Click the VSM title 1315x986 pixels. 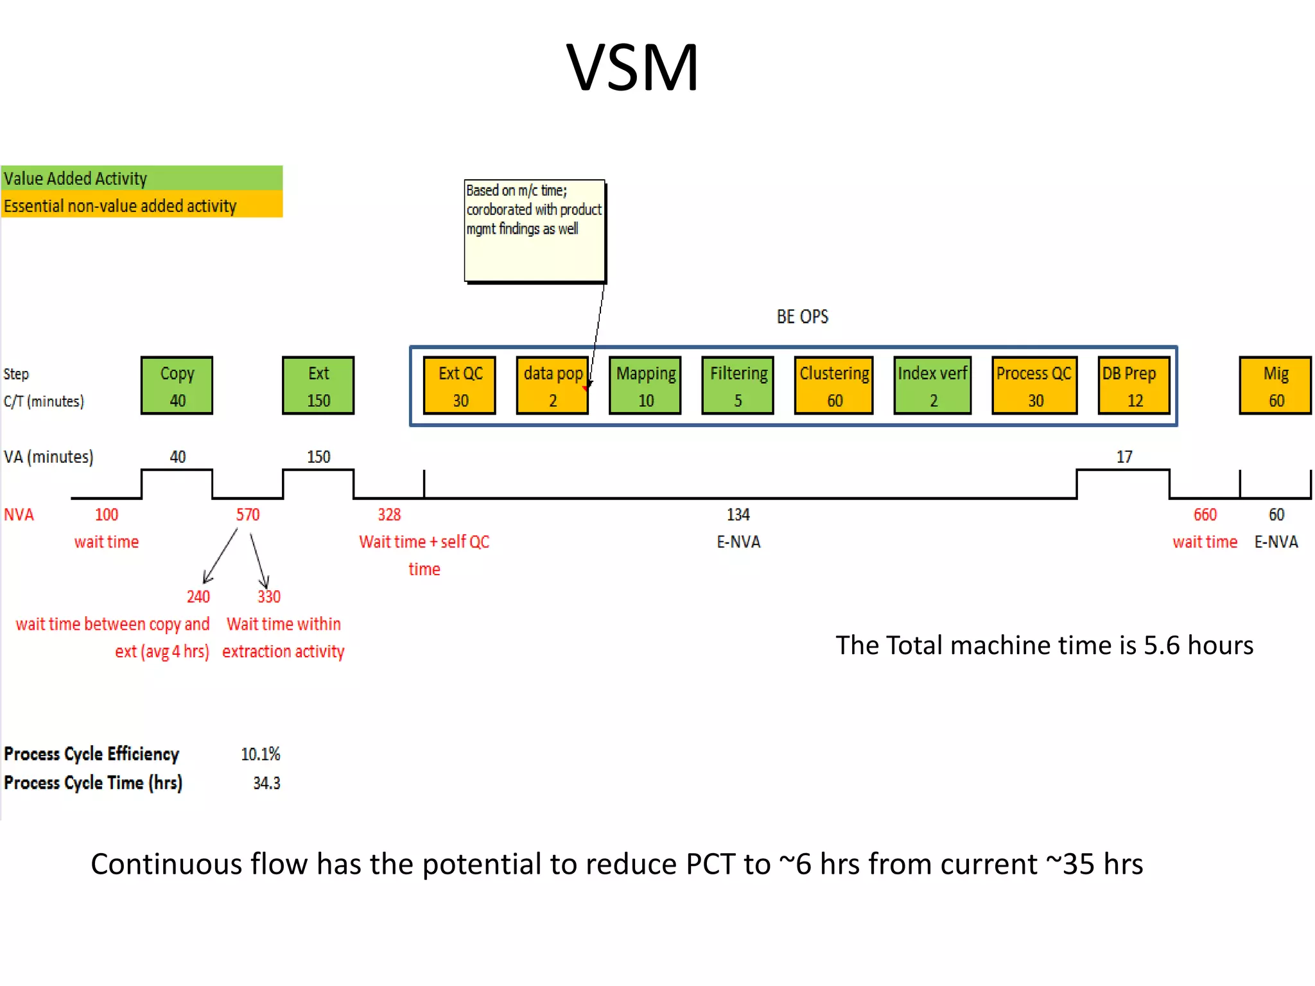[632, 67]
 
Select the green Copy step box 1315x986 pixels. [177, 385]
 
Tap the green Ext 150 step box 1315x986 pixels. [318, 385]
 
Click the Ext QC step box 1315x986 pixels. [460, 385]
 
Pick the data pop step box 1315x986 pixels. [552, 385]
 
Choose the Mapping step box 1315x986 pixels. [645, 385]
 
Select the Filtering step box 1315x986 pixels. [738, 385]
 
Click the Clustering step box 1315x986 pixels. [834, 385]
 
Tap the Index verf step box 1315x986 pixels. [932, 385]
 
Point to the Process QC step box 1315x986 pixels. [1034, 385]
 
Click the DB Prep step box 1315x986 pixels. [1134, 385]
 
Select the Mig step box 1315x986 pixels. [1275, 385]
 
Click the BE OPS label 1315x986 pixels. [803, 316]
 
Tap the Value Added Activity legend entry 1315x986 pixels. [141, 178]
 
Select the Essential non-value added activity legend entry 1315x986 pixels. [141, 205]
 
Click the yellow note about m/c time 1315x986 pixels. [535, 230]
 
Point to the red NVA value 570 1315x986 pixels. [248, 515]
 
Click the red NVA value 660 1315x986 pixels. [1205, 515]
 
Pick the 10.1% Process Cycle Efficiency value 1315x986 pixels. [261, 754]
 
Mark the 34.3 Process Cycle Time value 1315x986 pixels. [266, 783]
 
